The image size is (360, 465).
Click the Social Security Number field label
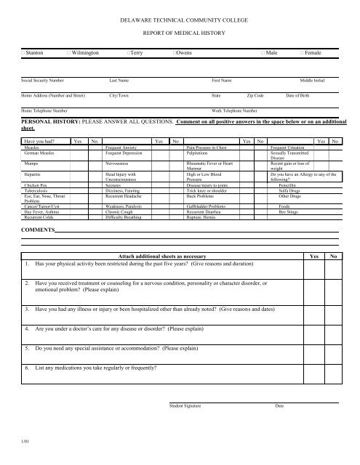click(x=42, y=81)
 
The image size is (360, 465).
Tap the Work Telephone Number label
click(x=236, y=110)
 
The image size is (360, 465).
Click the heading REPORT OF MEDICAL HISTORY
click(x=180, y=32)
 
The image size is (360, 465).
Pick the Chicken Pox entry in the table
click(x=36, y=185)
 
